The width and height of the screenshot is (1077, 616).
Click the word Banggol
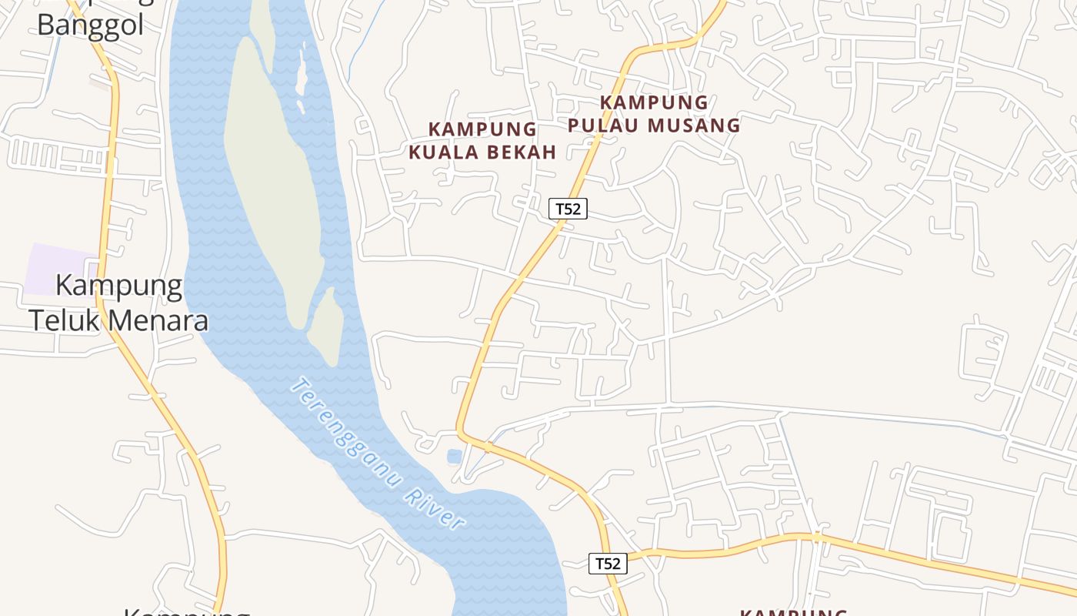click(x=90, y=25)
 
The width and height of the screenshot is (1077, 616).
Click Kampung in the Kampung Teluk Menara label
click(x=119, y=286)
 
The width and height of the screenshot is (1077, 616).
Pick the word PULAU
click(x=612, y=125)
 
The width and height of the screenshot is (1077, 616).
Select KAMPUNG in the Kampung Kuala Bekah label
click(x=482, y=129)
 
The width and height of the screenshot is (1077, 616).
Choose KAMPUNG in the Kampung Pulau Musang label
click(x=654, y=102)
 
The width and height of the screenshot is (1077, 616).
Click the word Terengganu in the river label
click(x=346, y=432)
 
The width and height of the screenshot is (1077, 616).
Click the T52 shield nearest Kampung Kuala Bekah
click(x=568, y=208)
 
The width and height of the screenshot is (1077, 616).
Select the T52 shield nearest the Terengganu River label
click(x=608, y=563)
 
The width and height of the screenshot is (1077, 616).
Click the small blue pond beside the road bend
click(x=454, y=457)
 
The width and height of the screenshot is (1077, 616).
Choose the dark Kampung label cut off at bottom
click(x=187, y=612)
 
